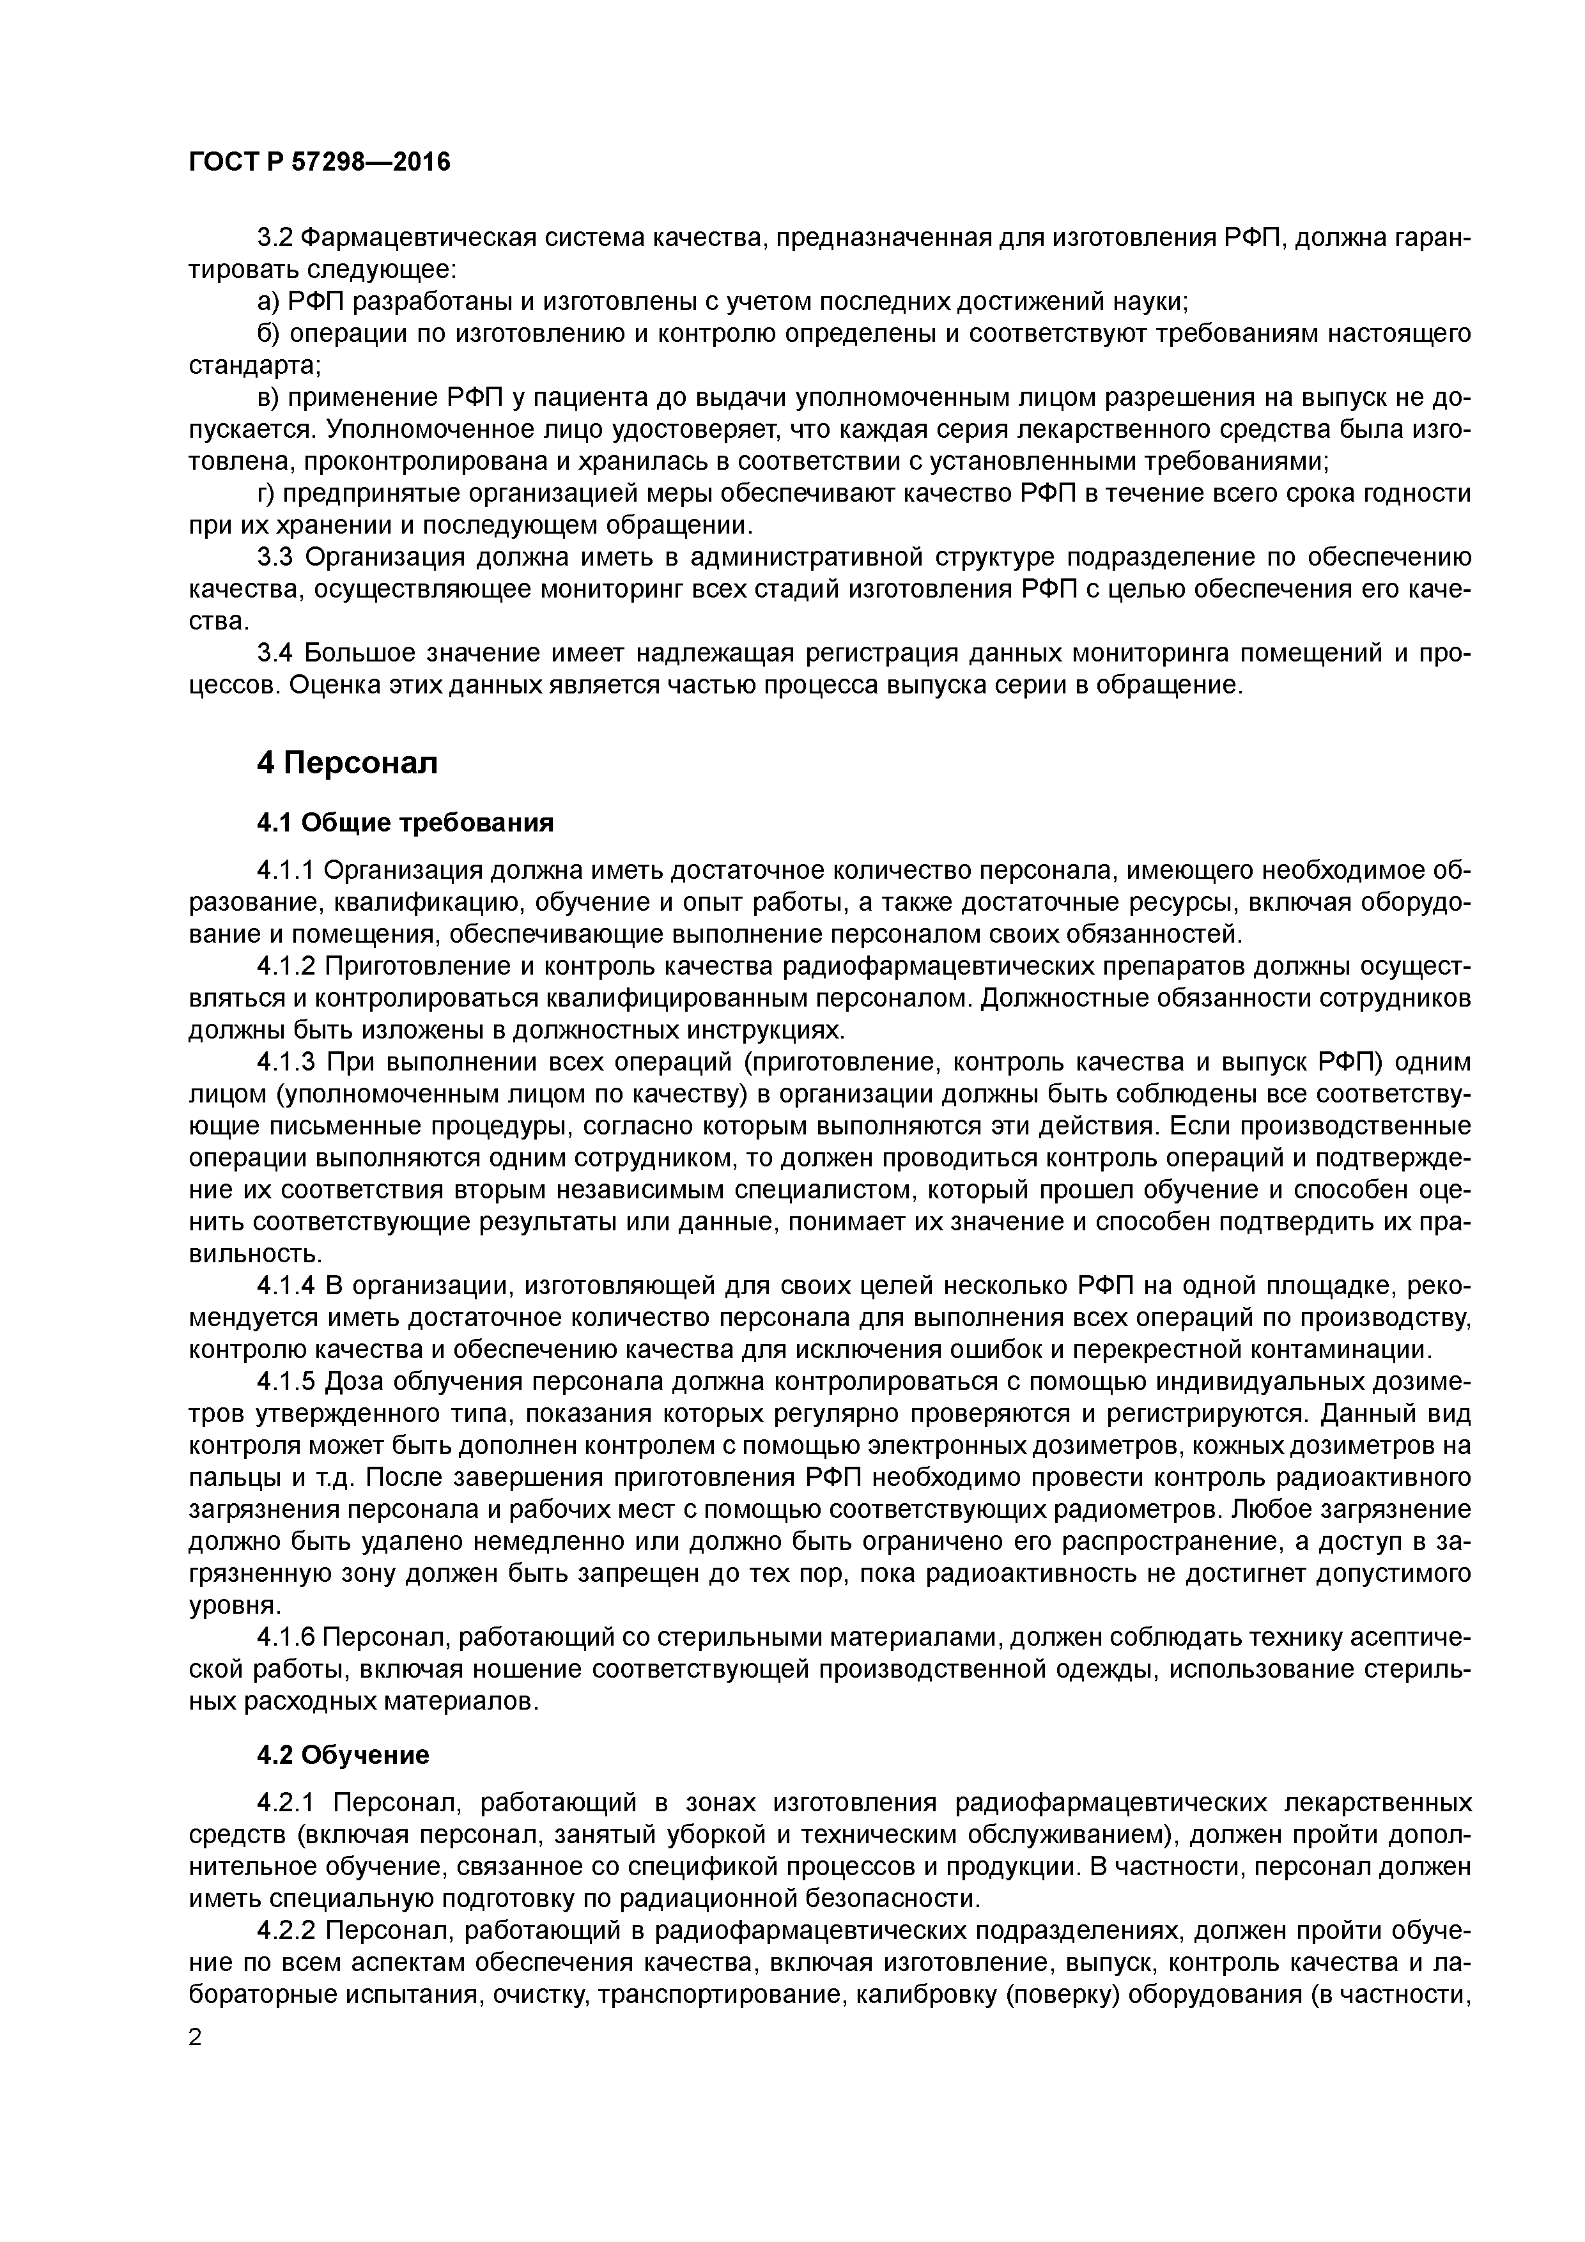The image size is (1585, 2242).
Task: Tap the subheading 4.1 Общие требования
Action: tap(405, 823)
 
